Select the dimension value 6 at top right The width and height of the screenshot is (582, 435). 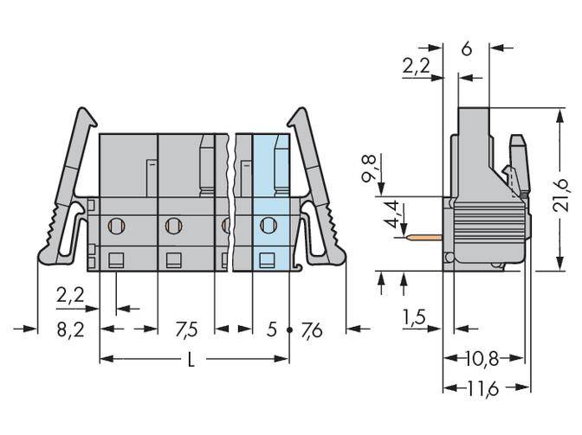click(x=466, y=49)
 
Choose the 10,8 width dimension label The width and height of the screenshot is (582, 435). click(x=483, y=358)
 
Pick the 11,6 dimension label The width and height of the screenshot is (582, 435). click(x=484, y=390)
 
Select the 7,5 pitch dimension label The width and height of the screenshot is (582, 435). click(x=185, y=329)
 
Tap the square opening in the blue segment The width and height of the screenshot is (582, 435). click(x=268, y=259)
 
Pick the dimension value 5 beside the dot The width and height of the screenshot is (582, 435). click(x=271, y=329)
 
